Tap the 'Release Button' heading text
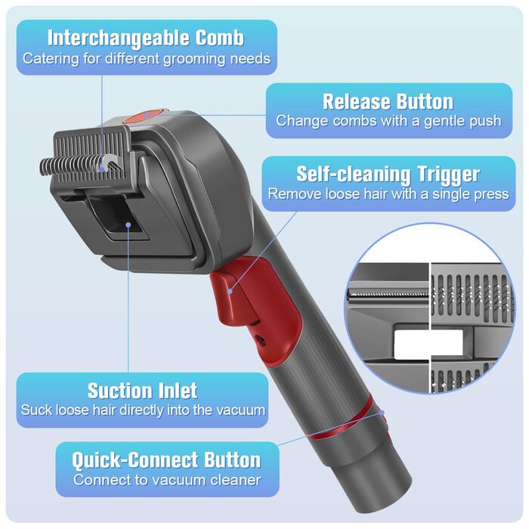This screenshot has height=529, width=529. [388, 101]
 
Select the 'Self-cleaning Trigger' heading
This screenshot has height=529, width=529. [388, 175]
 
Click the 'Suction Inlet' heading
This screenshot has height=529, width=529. [142, 391]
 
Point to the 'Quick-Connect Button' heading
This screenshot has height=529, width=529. [166, 459]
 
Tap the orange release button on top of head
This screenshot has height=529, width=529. [142, 116]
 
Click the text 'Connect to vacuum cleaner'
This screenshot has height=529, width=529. [166, 480]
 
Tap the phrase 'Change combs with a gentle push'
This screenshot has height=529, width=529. [388, 121]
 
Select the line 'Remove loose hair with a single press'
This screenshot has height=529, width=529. [388, 194]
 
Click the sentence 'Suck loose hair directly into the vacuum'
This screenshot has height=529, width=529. [142, 410]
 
